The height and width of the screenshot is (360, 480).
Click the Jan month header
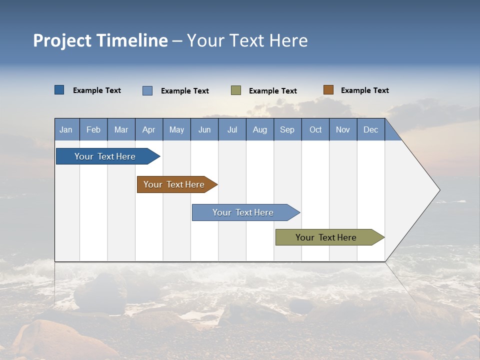(66, 129)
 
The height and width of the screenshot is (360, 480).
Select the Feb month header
(93, 129)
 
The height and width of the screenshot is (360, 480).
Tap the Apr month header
(148, 129)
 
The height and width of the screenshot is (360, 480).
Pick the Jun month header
(204, 129)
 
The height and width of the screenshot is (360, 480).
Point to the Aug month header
(259, 129)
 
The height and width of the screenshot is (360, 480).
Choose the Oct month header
(315, 129)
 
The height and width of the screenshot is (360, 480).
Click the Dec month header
(370, 129)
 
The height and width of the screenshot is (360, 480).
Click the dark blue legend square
(59, 90)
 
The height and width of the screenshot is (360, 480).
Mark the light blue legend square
(147, 90)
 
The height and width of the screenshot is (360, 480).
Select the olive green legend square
(236, 90)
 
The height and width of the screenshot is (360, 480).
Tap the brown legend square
(328, 90)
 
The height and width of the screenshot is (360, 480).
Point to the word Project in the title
(62, 40)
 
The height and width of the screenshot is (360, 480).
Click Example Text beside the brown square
(364, 90)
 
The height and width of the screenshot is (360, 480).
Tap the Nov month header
(343, 129)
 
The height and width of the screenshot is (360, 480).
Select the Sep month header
(287, 129)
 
